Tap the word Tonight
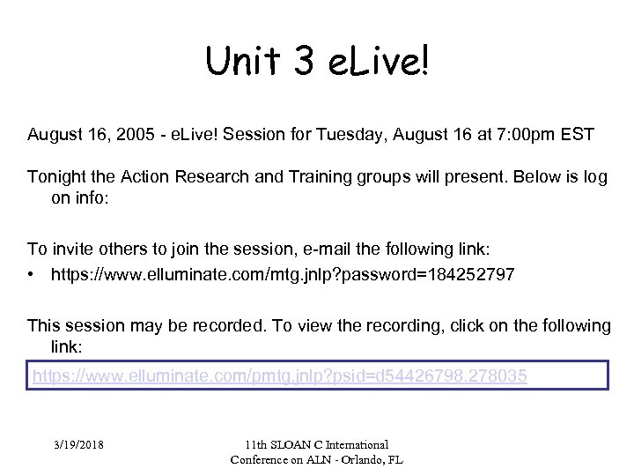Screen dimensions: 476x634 (x=57, y=176)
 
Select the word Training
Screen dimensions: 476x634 (x=293, y=176)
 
